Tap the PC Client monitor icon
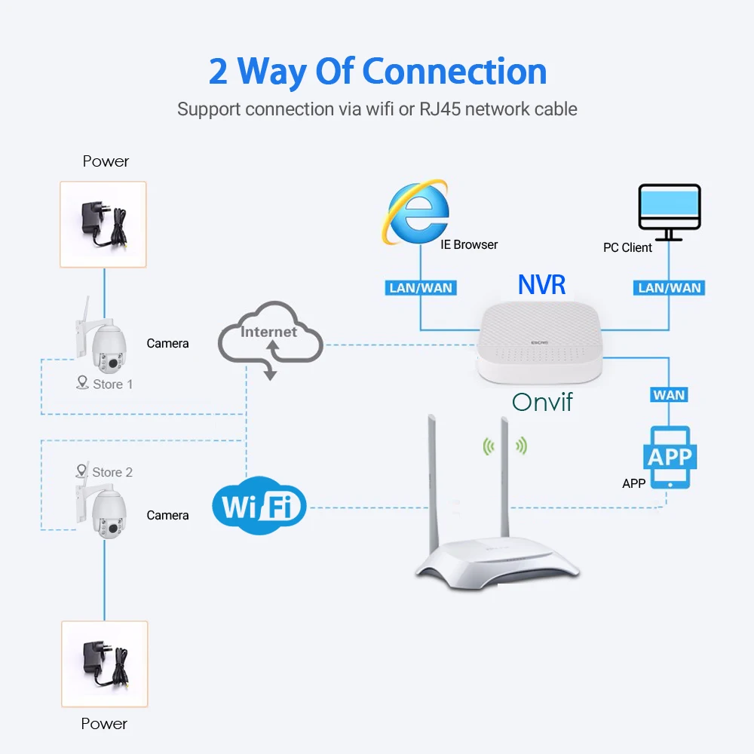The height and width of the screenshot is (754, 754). (670, 212)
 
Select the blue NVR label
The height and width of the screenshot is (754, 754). (541, 284)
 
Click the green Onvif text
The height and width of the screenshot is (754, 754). (542, 402)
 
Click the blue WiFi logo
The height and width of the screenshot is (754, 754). (259, 505)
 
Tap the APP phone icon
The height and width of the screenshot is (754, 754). (670, 458)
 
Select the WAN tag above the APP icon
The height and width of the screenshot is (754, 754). (669, 395)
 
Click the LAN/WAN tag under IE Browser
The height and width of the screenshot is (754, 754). (421, 287)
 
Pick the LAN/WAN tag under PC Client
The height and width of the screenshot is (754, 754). (669, 287)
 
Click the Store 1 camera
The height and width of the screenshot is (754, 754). (103, 339)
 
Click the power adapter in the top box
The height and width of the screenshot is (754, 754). (103, 224)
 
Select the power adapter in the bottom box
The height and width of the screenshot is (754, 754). (105, 664)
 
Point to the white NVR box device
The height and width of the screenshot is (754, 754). (540, 342)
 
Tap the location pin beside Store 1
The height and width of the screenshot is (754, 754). (82, 382)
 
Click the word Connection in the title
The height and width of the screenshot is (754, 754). (455, 71)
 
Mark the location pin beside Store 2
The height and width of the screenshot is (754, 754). (81, 470)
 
